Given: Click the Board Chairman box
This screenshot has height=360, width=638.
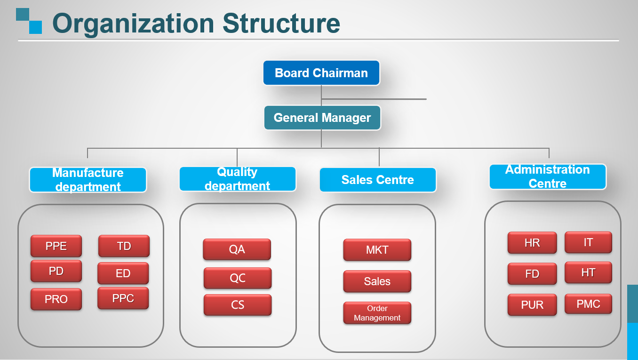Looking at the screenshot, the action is tap(321, 72).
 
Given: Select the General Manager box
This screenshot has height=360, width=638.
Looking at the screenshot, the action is tap(322, 118).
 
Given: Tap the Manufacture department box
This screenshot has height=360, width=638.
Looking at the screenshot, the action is tap(88, 180).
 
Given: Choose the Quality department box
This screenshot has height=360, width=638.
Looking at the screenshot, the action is tap(238, 179).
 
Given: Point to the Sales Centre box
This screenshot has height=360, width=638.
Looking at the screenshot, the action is tap(378, 180).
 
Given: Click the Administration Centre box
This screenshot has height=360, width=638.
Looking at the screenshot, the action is tap(548, 176).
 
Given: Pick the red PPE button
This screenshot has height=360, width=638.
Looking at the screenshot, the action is tap(56, 246).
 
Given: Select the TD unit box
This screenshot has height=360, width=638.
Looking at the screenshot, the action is tap(124, 246).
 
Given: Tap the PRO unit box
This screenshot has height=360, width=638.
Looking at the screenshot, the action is tap(56, 299).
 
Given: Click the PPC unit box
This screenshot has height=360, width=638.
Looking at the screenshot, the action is tap(123, 298).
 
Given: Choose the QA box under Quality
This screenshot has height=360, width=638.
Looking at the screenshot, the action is tap(237, 249).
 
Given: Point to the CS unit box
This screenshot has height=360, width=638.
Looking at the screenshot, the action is tap(238, 305).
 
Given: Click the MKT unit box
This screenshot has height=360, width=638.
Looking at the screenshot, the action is tap(377, 250).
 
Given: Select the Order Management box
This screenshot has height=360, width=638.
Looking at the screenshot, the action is tap(377, 313).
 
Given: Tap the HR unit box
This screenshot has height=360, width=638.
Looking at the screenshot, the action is tap(532, 243).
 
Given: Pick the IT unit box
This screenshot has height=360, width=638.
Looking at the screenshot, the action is tap(588, 242).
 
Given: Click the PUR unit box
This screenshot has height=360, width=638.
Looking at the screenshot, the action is tap(532, 305).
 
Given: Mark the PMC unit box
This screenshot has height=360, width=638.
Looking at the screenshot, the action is tap(588, 304).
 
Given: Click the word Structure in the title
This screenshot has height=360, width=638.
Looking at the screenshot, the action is tap(281, 24).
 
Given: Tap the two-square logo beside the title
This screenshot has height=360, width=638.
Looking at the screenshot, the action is tap(29, 21).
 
